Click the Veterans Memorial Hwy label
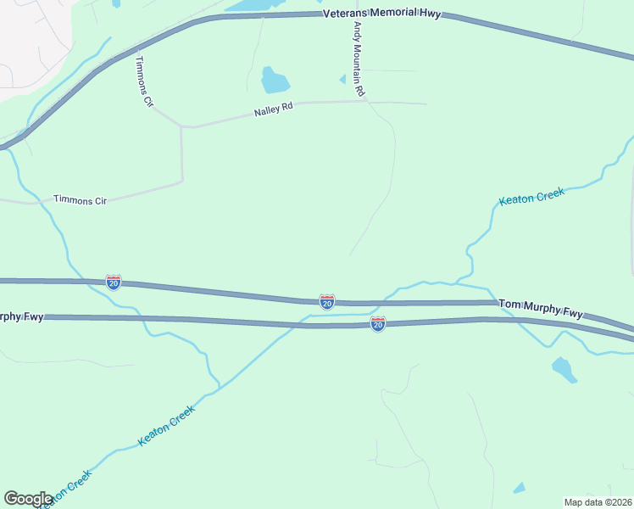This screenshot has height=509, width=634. [x=381, y=14]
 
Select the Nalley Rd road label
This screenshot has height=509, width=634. [x=273, y=111]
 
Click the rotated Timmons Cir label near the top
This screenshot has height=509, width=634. [x=145, y=81]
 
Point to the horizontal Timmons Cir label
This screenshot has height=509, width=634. [x=80, y=199]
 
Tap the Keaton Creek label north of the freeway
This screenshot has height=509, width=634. [x=531, y=197]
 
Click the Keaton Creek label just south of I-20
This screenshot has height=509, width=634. [x=166, y=425]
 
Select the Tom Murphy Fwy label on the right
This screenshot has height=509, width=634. [x=541, y=308]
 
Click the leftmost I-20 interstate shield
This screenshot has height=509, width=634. [x=113, y=282]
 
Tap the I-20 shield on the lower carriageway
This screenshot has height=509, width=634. [x=378, y=324]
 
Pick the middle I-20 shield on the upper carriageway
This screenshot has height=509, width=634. [x=326, y=301]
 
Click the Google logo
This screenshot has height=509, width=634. [x=28, y=499]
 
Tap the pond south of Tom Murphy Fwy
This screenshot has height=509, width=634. [x=563, y=369]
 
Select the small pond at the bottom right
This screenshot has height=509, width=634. [x=519, y=488]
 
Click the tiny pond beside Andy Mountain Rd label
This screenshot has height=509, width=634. [x=342, y=79]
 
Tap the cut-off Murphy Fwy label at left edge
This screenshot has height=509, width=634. [x=22, y=316]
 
